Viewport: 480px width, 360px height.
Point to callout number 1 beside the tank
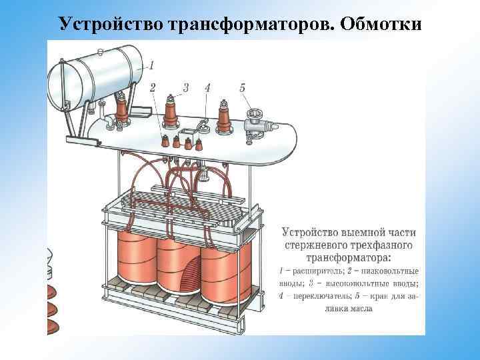click(x=152, y=65)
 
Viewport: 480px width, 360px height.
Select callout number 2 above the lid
click(x=153, y=87)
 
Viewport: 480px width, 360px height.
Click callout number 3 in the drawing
click(x=185, y=87)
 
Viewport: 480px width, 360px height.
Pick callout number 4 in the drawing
click(x=207, y=87)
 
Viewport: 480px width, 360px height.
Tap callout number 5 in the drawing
click(x=242, y=87)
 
